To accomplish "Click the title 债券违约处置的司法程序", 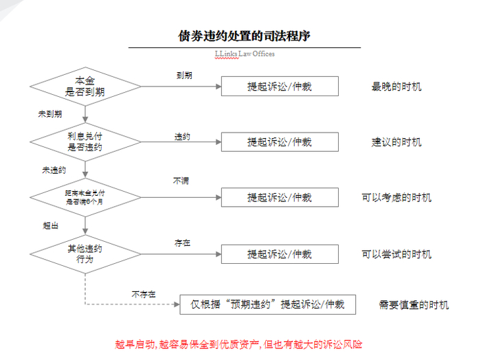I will pos(245,36).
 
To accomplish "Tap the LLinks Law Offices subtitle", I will pos(245,54).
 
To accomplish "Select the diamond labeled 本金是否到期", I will pos(85,86).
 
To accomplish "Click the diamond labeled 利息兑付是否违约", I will pos(85,142).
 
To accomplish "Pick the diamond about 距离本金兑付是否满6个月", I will pos(85,198).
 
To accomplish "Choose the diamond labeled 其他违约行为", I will pos(85,254).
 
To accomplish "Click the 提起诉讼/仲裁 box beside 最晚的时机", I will pos(280,86).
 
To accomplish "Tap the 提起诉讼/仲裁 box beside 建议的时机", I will pos(280,142).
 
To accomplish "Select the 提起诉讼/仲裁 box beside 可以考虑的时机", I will pos(280,198).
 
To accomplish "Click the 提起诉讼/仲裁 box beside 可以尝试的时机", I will pos(280,254).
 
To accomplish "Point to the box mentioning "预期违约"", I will pos(268,304).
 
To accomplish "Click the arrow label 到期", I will pos(183,76).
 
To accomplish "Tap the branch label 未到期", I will pos(49,114).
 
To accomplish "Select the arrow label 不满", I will pos(181,181).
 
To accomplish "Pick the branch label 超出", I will pos(50,225).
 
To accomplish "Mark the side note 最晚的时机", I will pos(396,87).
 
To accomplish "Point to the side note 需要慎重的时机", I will pos(414,304).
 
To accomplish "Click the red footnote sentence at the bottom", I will pos(238,344).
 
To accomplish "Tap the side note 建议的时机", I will pos(396,142).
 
